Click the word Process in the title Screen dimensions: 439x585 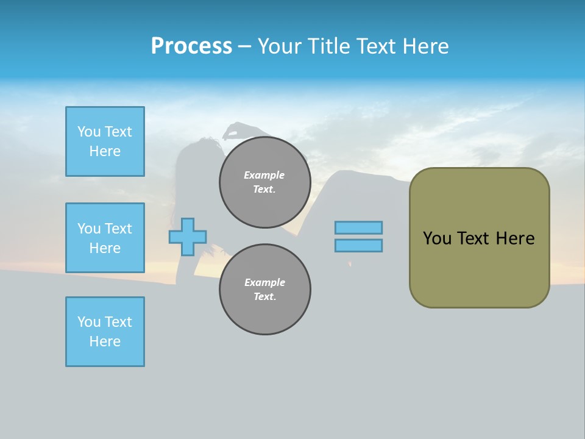pyautogui.click(x=191, y=46)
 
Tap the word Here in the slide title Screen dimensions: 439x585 pyautogui.click(x=425, y=46)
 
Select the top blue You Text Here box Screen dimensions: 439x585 pyautogui.click(x=105, y=141)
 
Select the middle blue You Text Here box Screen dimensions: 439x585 pyautogui.click(x=105, y=238)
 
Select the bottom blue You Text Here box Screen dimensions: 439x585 pyautogui.click(x=105, y=332)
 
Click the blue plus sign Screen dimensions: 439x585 pyautogui.click(x=188, y=237)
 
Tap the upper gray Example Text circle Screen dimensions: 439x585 pyautogui.click(x=265, y=182)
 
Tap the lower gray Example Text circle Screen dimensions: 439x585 pyautogui.click(x=265, y=290)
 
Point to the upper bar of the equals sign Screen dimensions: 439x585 pyautogui.click(x=358, y=227)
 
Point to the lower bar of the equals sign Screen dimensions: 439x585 pyautogui.click(x=358, y=245)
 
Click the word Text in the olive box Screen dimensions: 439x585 pyautogui.click(x=473, y=238)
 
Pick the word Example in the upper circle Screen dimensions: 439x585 pyautogui.click(x=264, y=175)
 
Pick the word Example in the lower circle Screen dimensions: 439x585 pyautogui.click(x=264, y=282)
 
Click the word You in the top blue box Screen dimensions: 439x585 pyautogui.click(x=88, y=132)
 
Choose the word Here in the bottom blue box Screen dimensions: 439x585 pyautogui.click(x=105, y=341)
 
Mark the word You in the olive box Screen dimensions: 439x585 pyautogui.click(x=437, y=238)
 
